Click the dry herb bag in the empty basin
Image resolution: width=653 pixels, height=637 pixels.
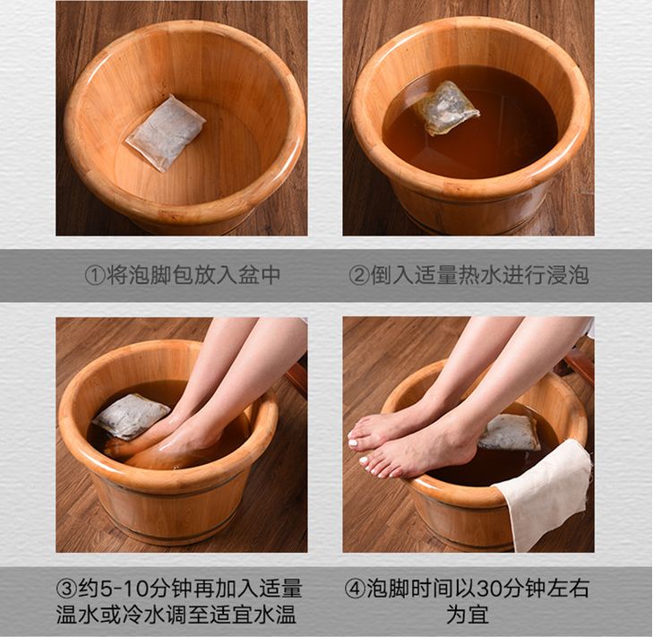166,133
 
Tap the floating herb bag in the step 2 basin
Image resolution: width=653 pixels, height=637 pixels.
446,108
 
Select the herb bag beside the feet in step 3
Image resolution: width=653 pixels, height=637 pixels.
131,417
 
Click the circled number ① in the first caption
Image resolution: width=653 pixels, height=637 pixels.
95,275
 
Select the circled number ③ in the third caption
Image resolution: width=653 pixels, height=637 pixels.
66,589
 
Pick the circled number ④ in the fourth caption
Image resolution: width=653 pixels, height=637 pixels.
355,589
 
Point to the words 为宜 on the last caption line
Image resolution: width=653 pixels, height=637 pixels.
468,614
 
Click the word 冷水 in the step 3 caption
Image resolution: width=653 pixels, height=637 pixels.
143,614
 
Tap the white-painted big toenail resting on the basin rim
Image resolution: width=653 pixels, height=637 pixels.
354,443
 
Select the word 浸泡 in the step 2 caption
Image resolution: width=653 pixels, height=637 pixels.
567,275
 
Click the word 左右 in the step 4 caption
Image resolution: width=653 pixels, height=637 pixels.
568,589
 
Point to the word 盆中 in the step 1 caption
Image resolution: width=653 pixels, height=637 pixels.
260,275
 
